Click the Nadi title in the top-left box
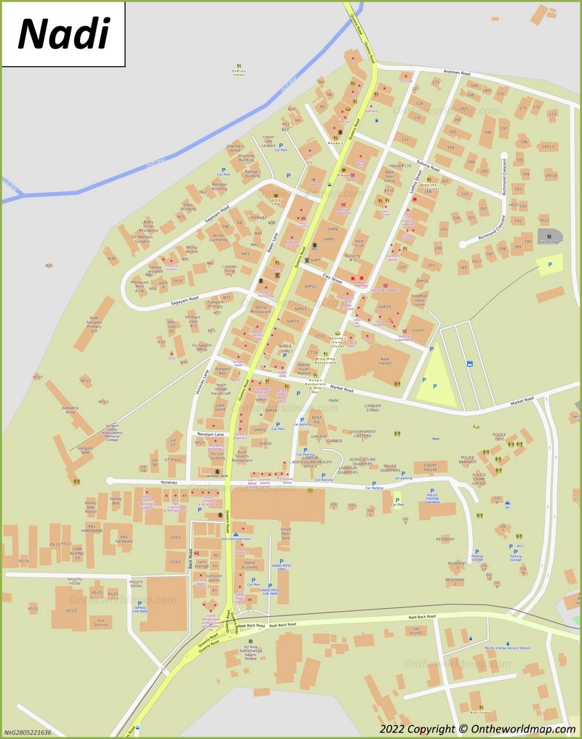[x=63, y=33]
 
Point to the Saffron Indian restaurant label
[x=239, y=72]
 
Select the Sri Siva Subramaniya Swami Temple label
[x=251, y=651]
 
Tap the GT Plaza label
[x=172, y=460]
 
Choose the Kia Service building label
[x=100, y=623]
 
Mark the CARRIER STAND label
[x=372, y=408]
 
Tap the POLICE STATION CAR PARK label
[x=432, y=500]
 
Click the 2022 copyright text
[x=477, y=729]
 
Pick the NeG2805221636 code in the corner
[x=28, y=732]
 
